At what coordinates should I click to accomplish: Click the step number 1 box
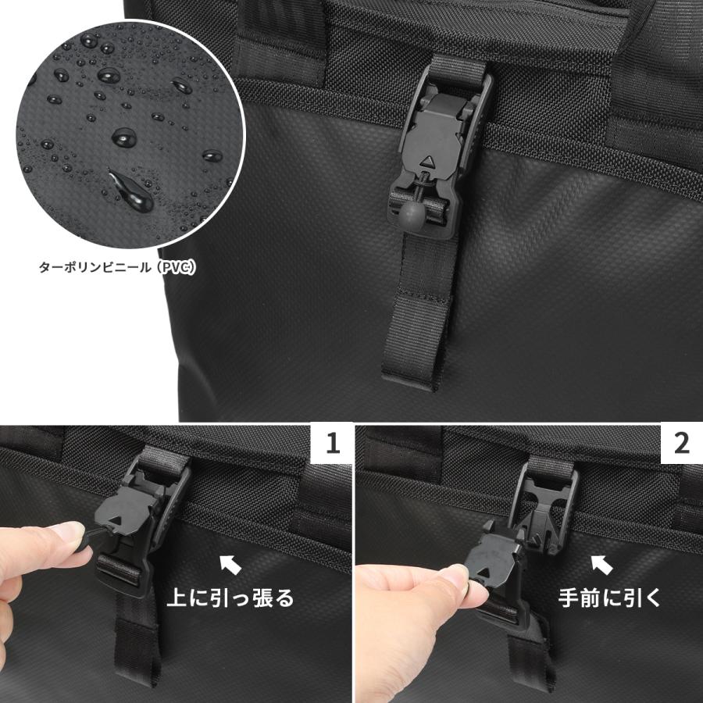coord(333,444)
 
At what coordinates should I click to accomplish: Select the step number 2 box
coord(681,444)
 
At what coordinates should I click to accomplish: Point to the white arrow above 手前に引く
coord(600,561)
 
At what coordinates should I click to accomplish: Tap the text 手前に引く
coord(610,598)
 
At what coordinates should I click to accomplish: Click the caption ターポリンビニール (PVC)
coord(117,267)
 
